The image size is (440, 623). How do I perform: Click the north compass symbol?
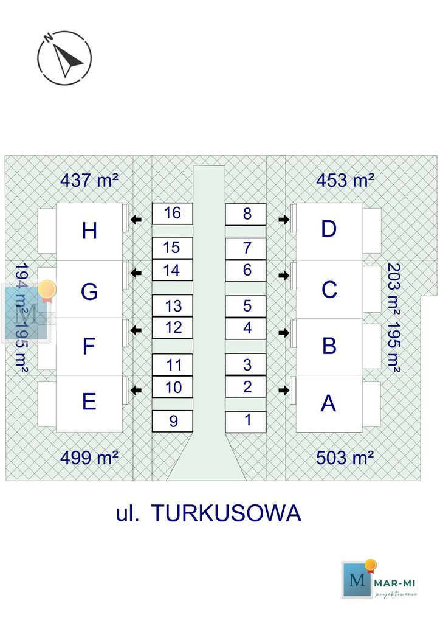pos(64,57)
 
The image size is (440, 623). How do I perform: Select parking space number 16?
pos(172,214)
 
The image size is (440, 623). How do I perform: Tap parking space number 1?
pos(246,421)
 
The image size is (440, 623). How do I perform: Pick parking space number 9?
pos(172,421)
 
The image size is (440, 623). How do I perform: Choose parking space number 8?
pos(246,214)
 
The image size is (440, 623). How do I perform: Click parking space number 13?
pos(172,306)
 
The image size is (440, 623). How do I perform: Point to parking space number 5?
pos(246,306)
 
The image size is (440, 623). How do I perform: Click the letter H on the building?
pos(89,231)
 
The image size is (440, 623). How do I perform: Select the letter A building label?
pos(328,403)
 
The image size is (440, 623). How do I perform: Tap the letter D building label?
pos(329,229)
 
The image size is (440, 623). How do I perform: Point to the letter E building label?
pos(89,402)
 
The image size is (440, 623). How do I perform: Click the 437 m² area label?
pos(89,180)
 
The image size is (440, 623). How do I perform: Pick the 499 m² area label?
pos(89,458)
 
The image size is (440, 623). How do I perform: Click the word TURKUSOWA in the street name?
pos(225,513)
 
